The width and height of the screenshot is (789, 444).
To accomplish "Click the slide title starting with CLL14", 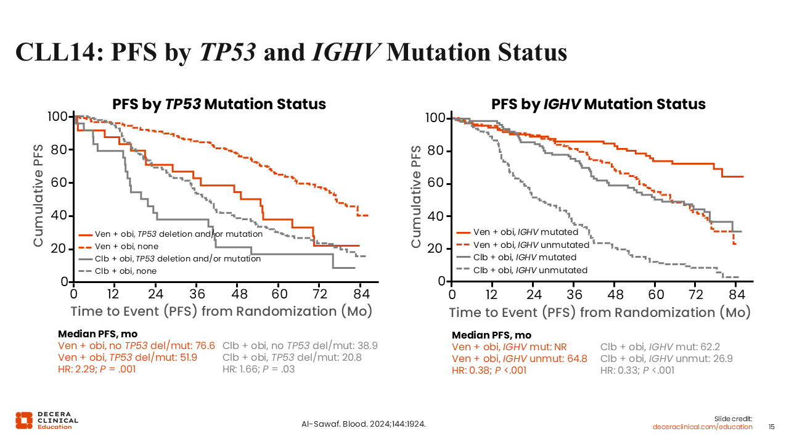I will point(291,52).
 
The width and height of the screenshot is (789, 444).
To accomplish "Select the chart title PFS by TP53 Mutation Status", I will point(219,104).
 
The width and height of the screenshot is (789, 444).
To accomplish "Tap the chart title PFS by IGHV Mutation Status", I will point(598,104).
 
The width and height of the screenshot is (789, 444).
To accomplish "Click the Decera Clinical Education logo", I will point(47,420).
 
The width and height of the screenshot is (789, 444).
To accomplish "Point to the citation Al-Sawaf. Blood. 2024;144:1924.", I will point(364,424).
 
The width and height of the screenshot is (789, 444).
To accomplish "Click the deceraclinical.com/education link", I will point(703,427).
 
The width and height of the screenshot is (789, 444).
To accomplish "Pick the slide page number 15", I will point(771,427).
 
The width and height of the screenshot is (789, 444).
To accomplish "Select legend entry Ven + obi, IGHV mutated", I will point(525,232).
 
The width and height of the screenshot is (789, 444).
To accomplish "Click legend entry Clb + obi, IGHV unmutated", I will point(529,270).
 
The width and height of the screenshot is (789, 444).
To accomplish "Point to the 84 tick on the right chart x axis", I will point(735,293).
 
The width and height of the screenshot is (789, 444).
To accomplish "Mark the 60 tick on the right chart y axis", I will point(439,184).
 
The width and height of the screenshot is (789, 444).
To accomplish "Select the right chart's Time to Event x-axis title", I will point(599,313).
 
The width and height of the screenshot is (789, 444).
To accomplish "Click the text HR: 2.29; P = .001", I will point(96,369).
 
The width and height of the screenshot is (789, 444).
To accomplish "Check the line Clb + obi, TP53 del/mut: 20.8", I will point(292,358).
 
